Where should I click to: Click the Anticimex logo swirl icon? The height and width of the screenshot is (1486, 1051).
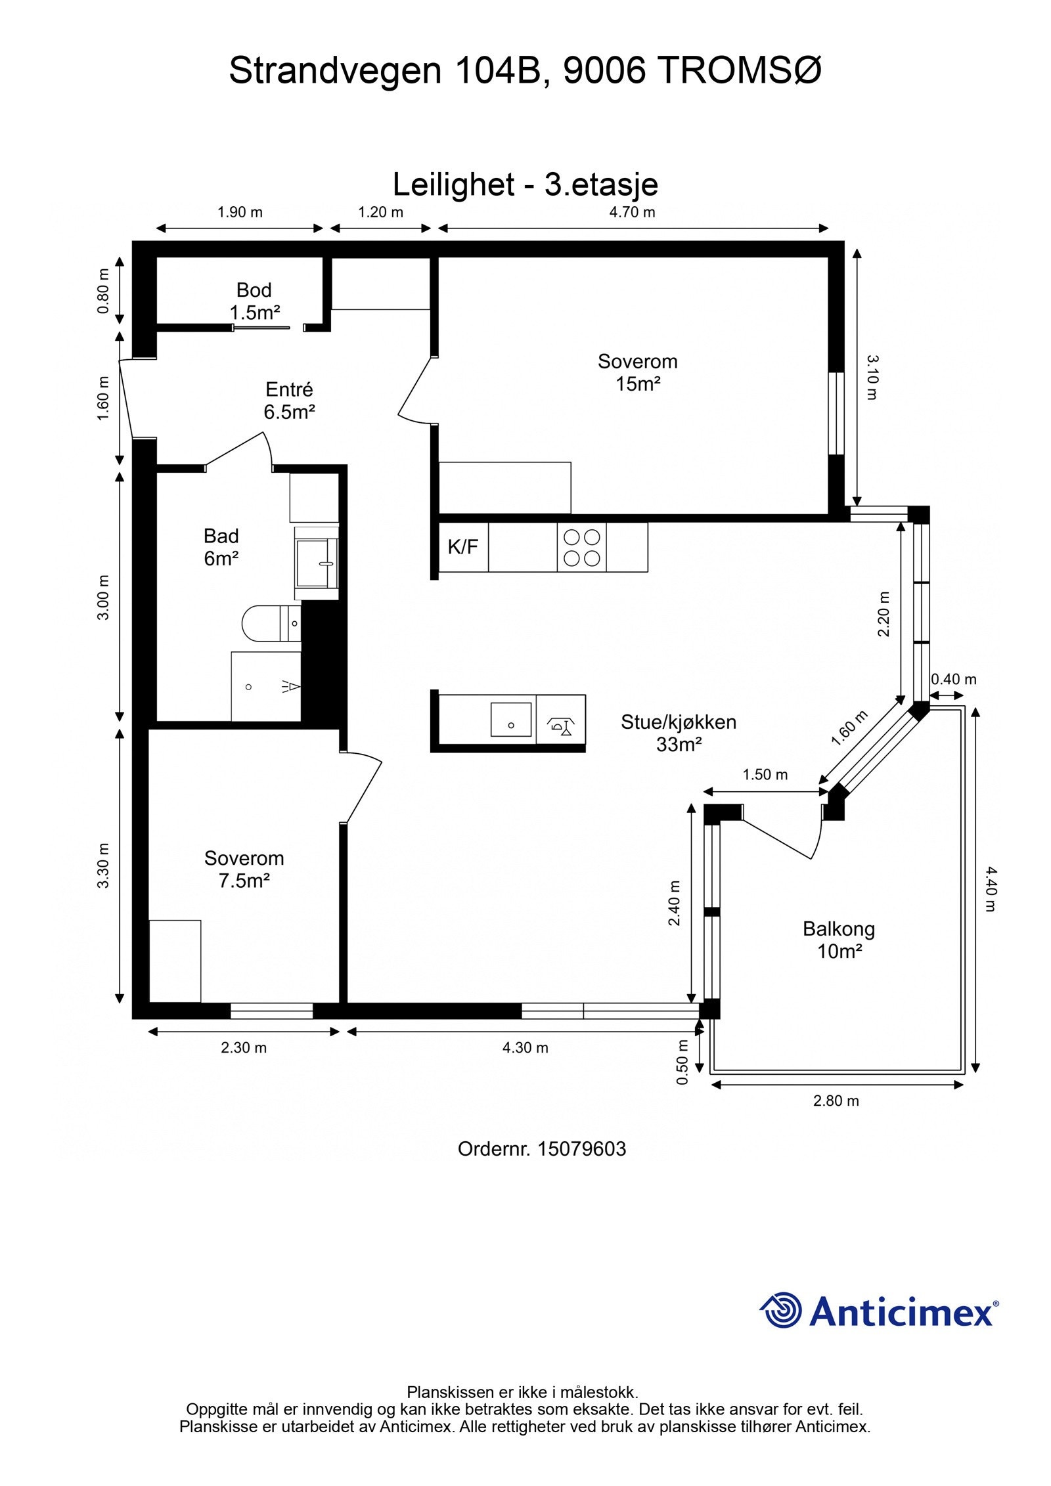click(x=781, y=1310)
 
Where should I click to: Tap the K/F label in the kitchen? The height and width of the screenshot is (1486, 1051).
click(x=463, y=546)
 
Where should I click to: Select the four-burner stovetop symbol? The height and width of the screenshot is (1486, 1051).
click(x=582, y=548)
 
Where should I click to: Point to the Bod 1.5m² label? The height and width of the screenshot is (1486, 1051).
click(x=254, y=301)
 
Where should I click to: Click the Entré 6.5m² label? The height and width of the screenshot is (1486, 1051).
click(x=289, y=401)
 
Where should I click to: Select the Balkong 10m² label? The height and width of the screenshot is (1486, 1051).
click(x=839, y=940)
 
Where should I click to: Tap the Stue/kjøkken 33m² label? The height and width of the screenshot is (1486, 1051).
click(x=679, y=733)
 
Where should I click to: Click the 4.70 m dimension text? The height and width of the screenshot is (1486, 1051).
click(x=632, y=212)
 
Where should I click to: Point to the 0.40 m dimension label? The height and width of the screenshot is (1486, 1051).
click(x=954, y=680)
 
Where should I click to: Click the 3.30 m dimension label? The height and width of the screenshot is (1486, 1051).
click(x=103, y=865)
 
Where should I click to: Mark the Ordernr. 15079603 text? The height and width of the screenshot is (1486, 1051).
click(x=542, y=1149)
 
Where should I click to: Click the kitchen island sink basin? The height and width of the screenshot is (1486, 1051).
click(x=511, y=719)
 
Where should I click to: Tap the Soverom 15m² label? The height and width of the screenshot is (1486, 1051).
click(x=637, y=372)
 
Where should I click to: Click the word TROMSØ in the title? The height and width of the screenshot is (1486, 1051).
click(x=739, y=70)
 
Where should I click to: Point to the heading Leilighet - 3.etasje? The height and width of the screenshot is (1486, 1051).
click(x=525, y=185)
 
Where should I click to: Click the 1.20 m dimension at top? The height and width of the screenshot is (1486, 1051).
click(x=380, y=212)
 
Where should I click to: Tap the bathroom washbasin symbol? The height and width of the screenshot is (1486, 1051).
click(x=317, y=563)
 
